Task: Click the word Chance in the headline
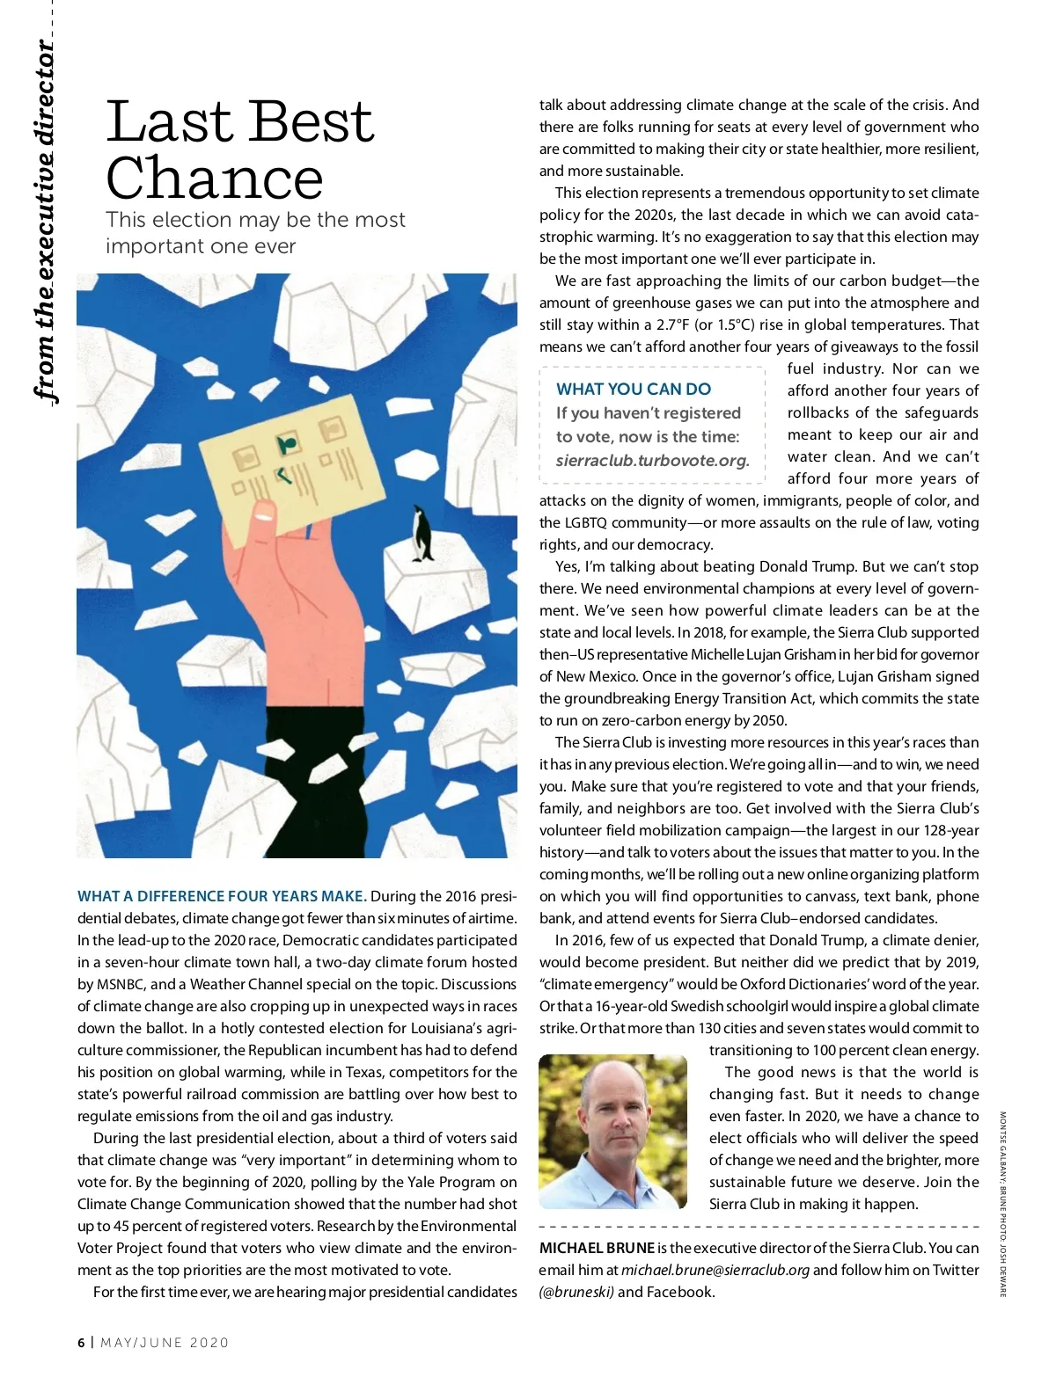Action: tap(215, 179)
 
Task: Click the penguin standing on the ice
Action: tap(422, 534)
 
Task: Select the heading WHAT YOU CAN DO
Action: tap(634, 389)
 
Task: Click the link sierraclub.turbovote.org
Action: tap(652, 460)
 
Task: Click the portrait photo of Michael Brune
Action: tap(612, 1131)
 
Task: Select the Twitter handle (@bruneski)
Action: tap(576, 1292)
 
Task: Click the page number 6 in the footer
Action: tap(81, 1343)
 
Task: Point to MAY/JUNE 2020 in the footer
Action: tap(165, 1343)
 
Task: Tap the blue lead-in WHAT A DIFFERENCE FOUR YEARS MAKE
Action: tap(222, 896)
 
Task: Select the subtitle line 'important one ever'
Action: tap(201, 246)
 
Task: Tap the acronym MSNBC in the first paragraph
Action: tap(118, 984)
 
